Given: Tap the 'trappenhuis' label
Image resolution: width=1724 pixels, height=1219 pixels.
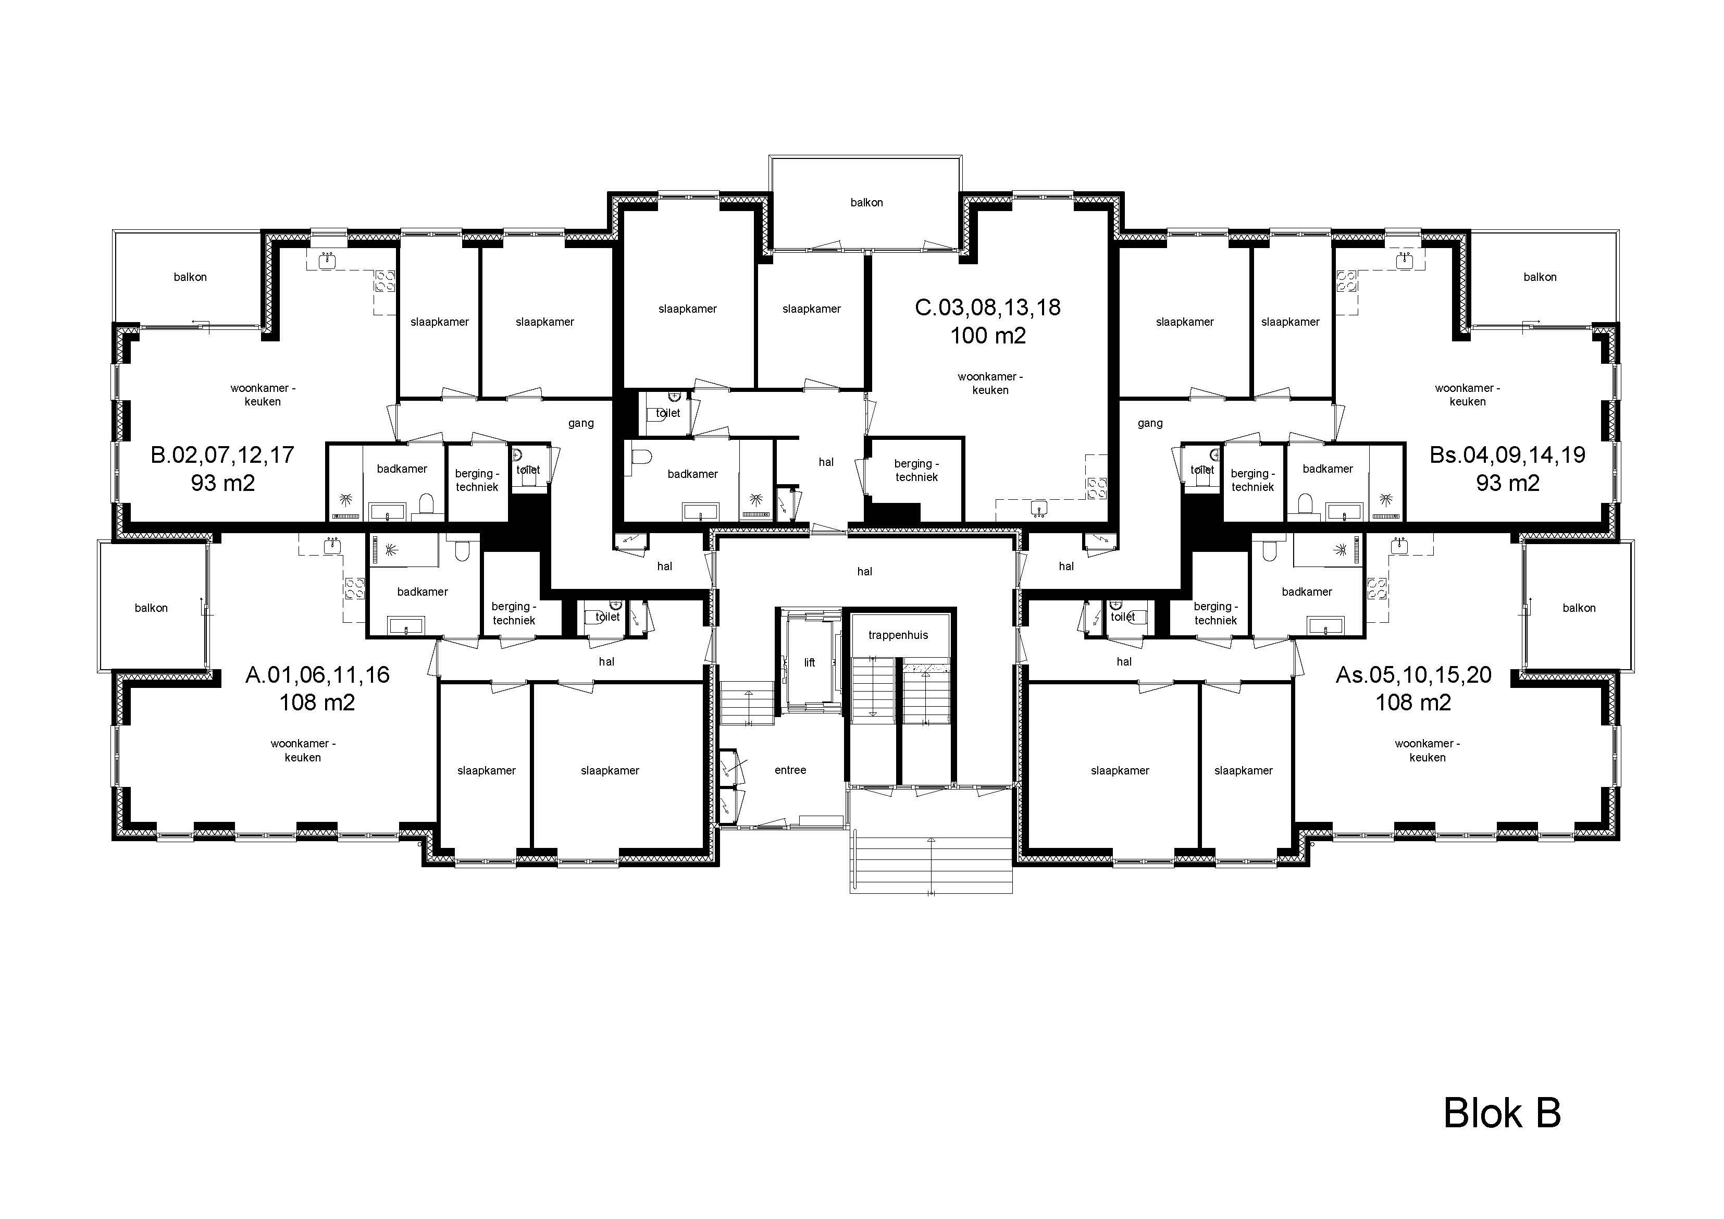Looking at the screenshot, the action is tap(898, 635).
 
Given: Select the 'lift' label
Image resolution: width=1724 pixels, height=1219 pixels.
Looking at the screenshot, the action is tap(810, 662).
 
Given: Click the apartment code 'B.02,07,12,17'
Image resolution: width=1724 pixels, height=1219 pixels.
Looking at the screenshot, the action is tap(222, 454).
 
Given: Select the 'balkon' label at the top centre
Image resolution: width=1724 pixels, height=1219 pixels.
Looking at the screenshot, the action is tap(866, 203).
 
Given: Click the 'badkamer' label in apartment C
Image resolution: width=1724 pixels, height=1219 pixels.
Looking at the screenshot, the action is tap(692, 474).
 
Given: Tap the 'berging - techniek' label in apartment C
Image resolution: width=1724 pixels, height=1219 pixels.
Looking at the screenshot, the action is tap(916, 470).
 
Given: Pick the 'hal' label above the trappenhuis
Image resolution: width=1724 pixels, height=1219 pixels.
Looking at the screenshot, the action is tap(864, 572).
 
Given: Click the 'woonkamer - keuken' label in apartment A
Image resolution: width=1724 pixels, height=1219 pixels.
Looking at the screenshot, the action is tap(303, 750).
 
